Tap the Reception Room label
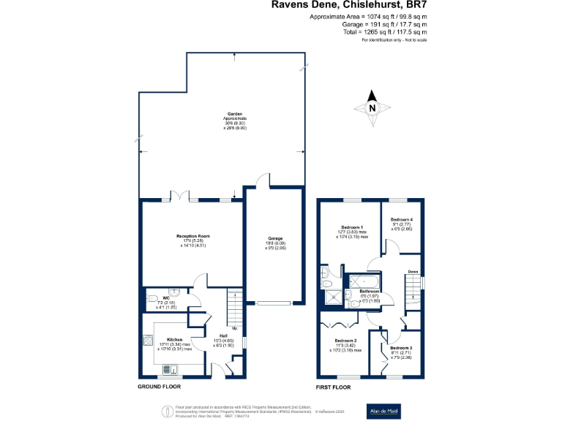[193, 236]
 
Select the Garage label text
[274, 239]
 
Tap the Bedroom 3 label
[400, 347]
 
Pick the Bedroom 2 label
[345, 341]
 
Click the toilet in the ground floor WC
[151, 297]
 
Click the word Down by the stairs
[413, 272]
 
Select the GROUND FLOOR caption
[160, 386]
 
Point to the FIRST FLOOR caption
[334, 386]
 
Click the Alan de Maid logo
[384, 411]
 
